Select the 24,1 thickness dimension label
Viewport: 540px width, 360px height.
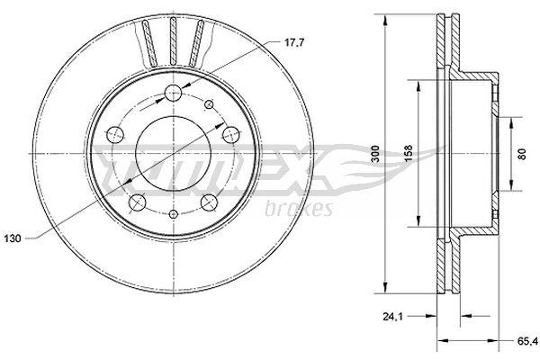(x=388, y=315)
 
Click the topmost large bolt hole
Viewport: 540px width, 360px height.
(x=173, y=89)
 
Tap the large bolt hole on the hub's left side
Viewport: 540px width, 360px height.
(x=114, y=135)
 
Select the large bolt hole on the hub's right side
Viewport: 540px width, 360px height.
(x=229, y=135)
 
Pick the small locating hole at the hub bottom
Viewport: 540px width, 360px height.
(x=173, y=217)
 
